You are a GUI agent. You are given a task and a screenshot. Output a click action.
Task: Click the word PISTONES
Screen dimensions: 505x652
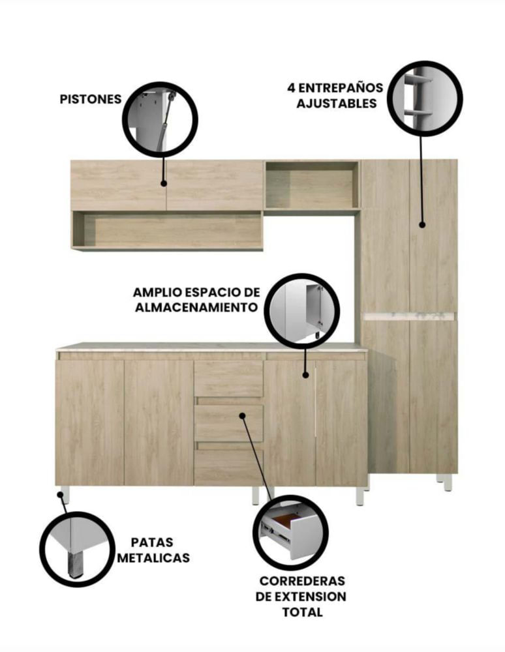(91, 99)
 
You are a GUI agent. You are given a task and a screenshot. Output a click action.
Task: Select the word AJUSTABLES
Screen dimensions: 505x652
(337, 104)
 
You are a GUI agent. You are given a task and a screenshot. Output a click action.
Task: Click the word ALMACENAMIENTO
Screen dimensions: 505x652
(196, 308)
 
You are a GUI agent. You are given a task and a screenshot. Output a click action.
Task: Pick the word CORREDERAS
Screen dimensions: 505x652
(302, 580)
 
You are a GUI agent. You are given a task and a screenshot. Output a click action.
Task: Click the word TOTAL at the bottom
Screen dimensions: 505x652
(303, 612)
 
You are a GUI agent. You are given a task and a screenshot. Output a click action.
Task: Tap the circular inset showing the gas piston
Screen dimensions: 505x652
(160, 119)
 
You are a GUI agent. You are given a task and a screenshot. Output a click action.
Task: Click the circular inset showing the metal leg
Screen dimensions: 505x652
(78, 549)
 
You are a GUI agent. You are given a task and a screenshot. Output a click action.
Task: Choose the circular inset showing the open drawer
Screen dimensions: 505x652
(290, 533)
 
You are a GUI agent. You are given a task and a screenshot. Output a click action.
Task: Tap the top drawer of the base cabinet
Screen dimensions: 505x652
(228, 379)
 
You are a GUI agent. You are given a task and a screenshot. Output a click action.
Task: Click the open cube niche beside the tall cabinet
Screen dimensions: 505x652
(312, 185)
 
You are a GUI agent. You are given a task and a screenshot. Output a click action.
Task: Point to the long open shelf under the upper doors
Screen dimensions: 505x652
(167, 230)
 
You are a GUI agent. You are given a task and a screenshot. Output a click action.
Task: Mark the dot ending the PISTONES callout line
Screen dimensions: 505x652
(164, 183)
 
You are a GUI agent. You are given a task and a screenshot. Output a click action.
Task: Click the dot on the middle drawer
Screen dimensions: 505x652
(242, 415)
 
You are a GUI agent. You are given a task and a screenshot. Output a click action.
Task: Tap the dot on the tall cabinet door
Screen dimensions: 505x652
(422, 224)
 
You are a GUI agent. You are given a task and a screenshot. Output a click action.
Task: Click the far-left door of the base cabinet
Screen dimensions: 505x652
(90, 422)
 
